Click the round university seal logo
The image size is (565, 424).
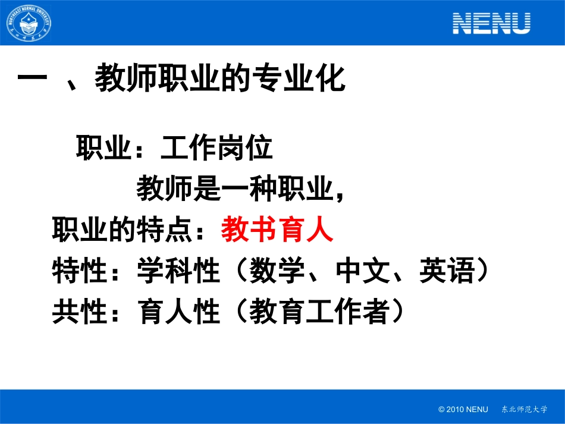coord(29,23)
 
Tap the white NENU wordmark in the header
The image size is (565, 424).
coord(491,23)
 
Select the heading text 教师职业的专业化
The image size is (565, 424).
coord(221,79)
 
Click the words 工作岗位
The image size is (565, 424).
coord(216,149)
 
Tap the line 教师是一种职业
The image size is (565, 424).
coord(234,190)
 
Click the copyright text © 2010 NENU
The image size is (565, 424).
coord(463,409)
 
